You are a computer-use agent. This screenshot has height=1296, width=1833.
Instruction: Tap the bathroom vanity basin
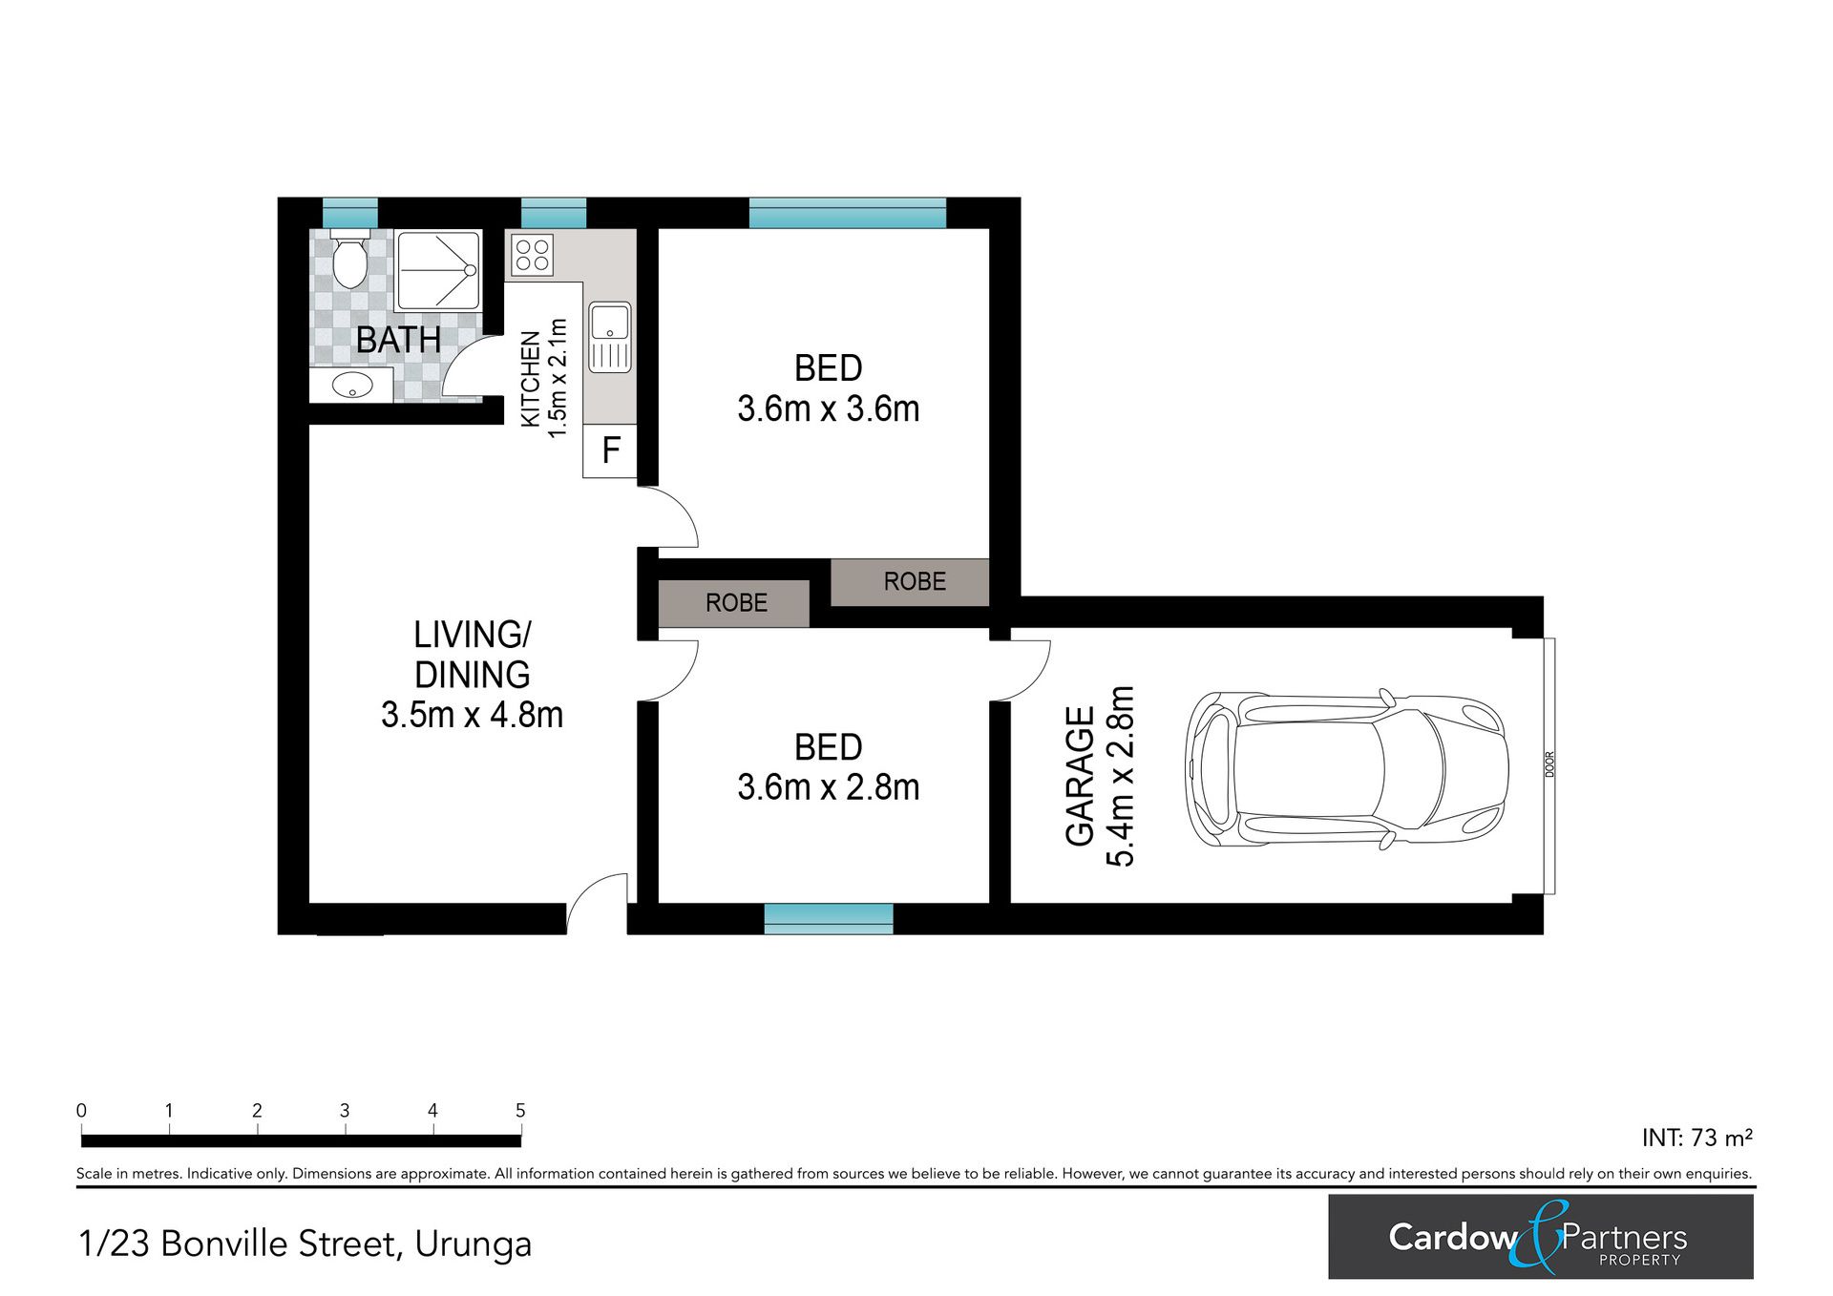point(352,387)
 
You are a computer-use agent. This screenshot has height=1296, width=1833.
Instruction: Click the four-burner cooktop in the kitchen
point(531,255)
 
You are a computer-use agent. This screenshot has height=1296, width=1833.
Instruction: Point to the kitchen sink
point(610,337)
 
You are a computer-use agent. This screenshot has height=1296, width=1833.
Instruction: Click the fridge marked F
point(610,449)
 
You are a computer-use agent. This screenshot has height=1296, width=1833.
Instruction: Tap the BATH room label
point(398,340)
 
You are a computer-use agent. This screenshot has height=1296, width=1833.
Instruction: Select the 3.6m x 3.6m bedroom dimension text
point(829,408)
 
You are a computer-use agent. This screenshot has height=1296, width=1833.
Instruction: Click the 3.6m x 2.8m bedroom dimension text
point(829,787)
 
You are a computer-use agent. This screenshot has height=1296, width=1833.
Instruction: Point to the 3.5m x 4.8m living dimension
point(472,715)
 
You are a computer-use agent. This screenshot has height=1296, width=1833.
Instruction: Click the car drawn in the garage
point(1346,767)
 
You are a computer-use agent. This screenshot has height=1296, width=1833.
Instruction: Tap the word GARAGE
point(1080,776)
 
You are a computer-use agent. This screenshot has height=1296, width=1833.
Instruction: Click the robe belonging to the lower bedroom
point(734,603)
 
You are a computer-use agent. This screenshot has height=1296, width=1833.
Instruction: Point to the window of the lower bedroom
point(829,919)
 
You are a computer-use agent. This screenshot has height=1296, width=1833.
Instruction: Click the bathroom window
point(350,212)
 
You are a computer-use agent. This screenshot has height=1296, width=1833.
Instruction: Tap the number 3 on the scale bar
point(345,1110)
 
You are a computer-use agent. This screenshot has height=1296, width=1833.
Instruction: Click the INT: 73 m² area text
point(1697,1138)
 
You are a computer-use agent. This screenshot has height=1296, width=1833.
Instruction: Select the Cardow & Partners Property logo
point(1541,1237)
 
